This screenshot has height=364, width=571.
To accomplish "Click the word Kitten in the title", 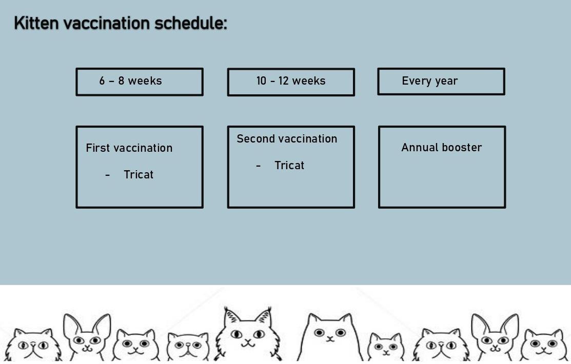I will tap(36, 24).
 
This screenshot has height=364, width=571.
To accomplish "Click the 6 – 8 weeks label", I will tap(130, 81).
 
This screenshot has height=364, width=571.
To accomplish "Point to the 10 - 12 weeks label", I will tap(290, 81).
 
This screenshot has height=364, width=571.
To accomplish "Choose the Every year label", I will tap(429, 81).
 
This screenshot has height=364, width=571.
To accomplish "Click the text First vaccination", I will tap(129, 148).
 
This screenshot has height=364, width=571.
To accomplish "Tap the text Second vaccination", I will tap(287, 139).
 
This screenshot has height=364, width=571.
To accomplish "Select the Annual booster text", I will tap(441, 148).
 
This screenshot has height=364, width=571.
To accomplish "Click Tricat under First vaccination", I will tap(139, 175).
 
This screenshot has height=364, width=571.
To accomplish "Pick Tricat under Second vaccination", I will tap(289, 166).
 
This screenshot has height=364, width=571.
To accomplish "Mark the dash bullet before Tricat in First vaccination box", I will tap(107, 175).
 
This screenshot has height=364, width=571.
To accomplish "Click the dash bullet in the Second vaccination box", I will tap(258, 166).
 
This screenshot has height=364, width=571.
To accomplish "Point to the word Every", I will tap(416, 81).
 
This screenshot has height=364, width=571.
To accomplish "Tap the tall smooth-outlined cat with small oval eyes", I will tap(329, 336).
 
